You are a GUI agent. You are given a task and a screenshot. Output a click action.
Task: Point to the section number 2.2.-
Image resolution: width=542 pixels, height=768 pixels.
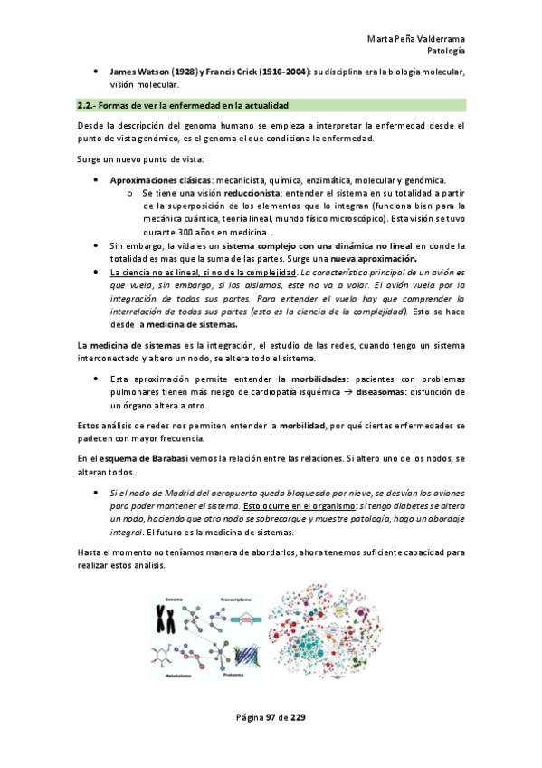pyautogui.click(x=88, y=106)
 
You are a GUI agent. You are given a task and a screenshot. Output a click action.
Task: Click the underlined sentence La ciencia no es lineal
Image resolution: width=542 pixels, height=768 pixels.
pyautogui.click(x=203, y=272)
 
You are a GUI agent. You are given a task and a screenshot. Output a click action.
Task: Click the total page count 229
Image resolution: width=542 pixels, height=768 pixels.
pyautogui.click(x=298, y=718)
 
